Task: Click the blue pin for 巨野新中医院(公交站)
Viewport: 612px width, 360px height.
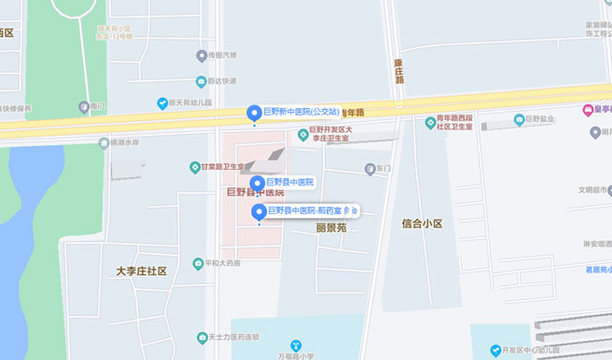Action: (253, 113)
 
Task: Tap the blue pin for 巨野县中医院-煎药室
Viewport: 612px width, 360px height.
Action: (258, 212)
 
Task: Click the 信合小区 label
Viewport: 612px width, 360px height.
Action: (422, 223)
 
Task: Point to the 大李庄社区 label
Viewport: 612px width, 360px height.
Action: (141, 270)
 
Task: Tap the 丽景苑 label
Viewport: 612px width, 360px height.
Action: (330, 227)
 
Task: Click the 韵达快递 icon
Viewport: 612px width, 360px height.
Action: (200, 81)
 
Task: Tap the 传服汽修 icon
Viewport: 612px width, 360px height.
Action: (200, 55)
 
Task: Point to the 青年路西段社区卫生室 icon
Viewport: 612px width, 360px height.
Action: (430, 123)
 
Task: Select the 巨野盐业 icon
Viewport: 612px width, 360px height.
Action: (519, 119)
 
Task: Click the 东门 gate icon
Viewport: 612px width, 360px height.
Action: (369, 169)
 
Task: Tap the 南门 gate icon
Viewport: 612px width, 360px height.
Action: (84, 106)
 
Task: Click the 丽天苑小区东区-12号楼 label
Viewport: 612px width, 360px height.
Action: (115, 32)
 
